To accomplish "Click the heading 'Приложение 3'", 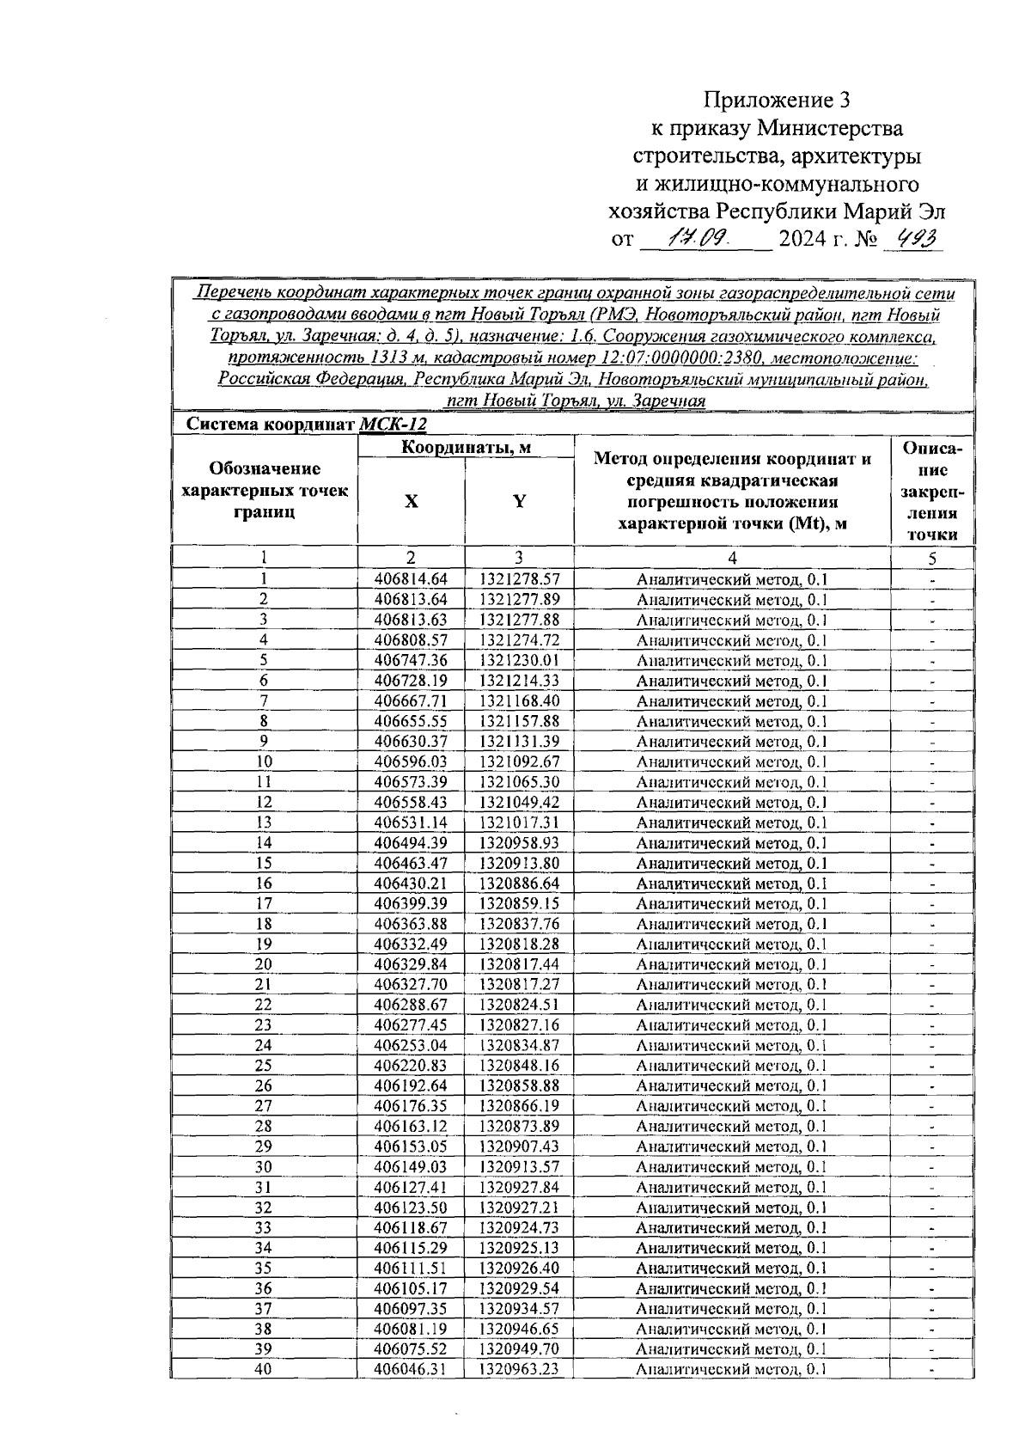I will tap(777, 101).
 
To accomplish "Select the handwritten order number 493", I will tap(912, 239).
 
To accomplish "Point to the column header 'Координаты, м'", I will tap(466, 447).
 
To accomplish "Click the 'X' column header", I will tap(412, 502).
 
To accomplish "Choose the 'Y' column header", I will tap(519, 502).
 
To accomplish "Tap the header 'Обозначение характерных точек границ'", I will tap(265, 491).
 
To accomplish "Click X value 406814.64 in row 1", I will tap(412, 579).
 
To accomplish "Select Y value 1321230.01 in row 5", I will tap(519, 660).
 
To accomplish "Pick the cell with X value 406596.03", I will tap(412, 761).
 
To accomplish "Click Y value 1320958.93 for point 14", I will tap(519, 842).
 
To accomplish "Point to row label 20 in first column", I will tap(264, 964).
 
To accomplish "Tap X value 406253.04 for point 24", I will tap(412, 1045).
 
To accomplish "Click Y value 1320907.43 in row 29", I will tap(519, 1146).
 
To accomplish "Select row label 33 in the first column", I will tap(264, 1227).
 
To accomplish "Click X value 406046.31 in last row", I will tap(412, 1369).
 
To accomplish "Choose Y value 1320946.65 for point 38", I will tap(519, 1329).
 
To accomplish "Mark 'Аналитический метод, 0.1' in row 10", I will tap(732, 762).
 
